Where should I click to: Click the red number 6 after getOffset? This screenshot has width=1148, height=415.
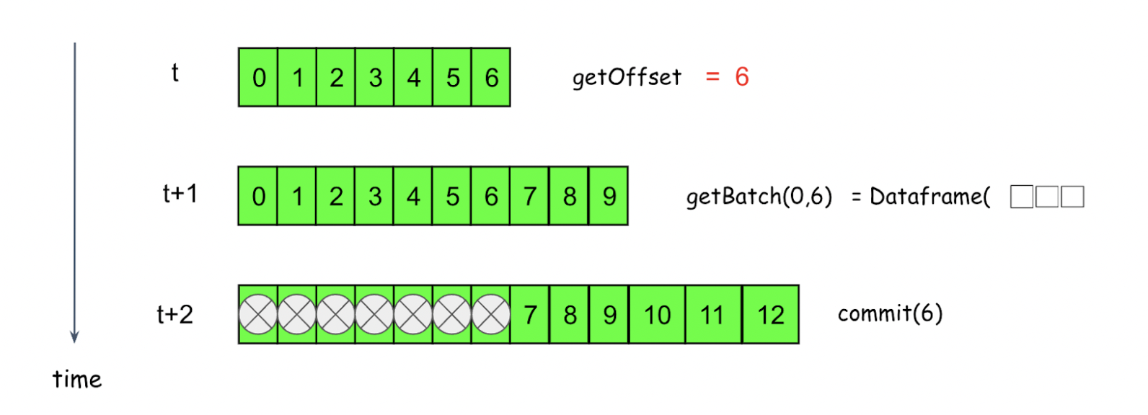coord(742,76)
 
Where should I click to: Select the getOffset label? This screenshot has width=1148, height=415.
coord(627,77)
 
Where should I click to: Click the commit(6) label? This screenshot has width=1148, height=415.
coord(890,313)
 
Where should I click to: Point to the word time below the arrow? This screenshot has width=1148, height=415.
coord(77,379)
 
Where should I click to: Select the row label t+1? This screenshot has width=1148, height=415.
coord(180,194)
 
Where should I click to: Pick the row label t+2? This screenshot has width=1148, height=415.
coord(175,314)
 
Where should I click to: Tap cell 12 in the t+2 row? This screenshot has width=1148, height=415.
coord(770,315)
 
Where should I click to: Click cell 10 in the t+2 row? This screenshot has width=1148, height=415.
coord(657,315)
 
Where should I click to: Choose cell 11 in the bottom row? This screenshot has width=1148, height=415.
coord(712,315)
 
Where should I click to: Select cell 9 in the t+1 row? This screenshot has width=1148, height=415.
coord(609,196)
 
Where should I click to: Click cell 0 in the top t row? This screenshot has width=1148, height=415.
coord(259,78)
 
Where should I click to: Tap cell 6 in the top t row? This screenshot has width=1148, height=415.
coord(491,78)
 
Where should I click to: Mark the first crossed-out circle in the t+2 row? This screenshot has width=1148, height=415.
coord(258,315)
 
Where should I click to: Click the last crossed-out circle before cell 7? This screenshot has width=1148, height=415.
coord(491,315)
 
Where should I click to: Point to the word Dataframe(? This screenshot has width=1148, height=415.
coord(930,196)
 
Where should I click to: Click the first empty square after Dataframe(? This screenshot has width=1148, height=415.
coord(1021,197)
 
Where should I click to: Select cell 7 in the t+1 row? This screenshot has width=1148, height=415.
coord(530,196)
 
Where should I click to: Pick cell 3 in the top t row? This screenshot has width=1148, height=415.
coord(375,78)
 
